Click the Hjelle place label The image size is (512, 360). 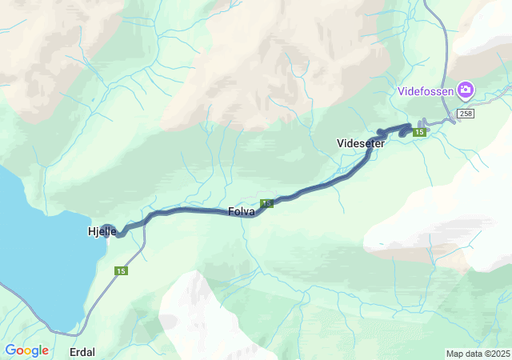[102, 232]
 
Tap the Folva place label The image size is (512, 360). [242, 212]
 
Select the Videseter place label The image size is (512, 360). [361, 144]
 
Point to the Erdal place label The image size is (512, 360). [82, 352]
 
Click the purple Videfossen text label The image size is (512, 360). [426, 90]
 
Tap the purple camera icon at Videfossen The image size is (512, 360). [465, 90]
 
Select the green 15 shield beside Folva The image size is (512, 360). [266, 204]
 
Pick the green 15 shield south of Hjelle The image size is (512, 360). [121, 271]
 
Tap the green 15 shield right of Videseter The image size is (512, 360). [418, 133]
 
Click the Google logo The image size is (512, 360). [26, 350]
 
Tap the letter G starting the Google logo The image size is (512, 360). [10, 350]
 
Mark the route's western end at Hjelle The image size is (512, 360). [108, 230]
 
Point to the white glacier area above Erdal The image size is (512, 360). [200, 312]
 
